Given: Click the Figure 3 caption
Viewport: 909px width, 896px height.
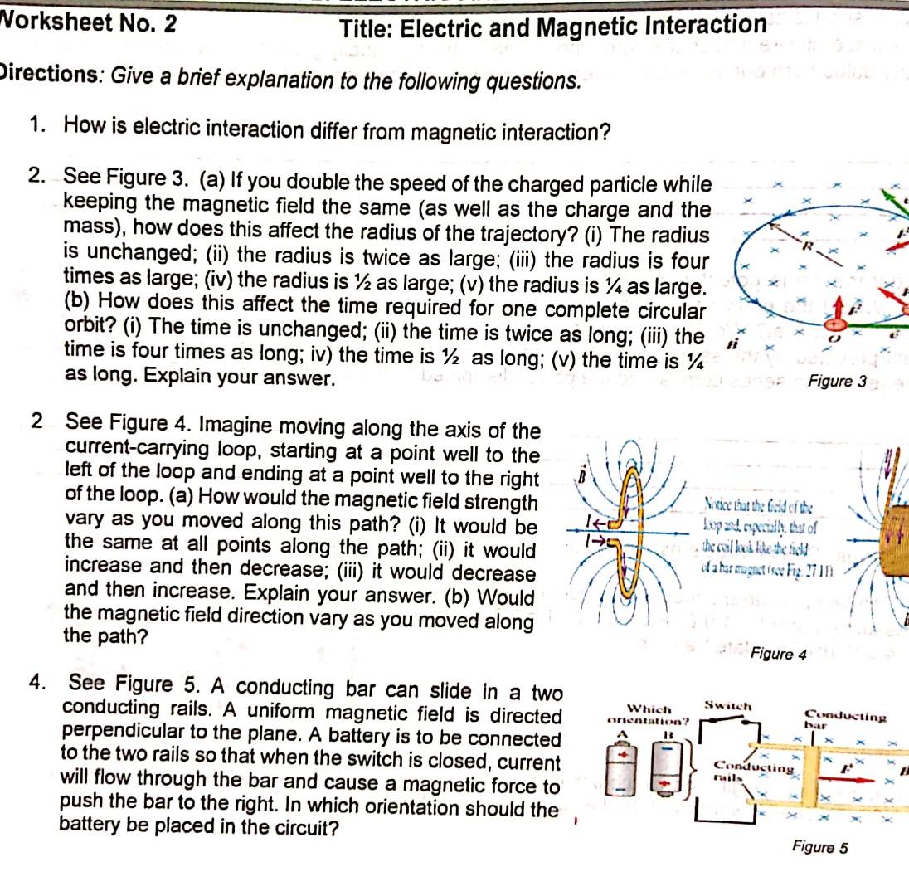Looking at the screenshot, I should (x=837, y=382).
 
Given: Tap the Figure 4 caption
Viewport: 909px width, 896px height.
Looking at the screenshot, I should (x=778, y=654).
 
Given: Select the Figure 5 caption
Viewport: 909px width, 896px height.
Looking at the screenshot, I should (x=819, y=847).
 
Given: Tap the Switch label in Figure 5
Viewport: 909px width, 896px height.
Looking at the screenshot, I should (x=728, y=706).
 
